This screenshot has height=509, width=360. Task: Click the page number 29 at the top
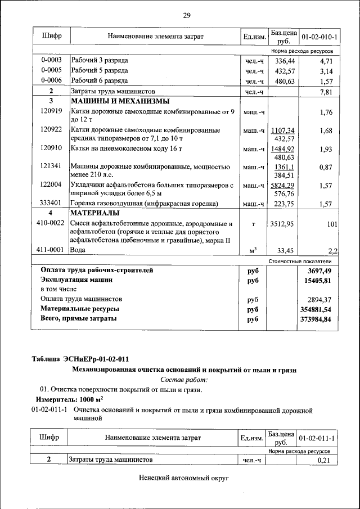(187, 15)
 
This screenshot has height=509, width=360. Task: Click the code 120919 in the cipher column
(51, 112)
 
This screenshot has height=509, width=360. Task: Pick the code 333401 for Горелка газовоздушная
(51, 204)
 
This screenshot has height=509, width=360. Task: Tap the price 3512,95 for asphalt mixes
(282, 224)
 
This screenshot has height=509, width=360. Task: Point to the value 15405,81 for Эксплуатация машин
(317, 280)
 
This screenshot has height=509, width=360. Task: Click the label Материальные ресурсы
(79, 309)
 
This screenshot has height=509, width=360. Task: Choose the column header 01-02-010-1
(319, 37)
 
